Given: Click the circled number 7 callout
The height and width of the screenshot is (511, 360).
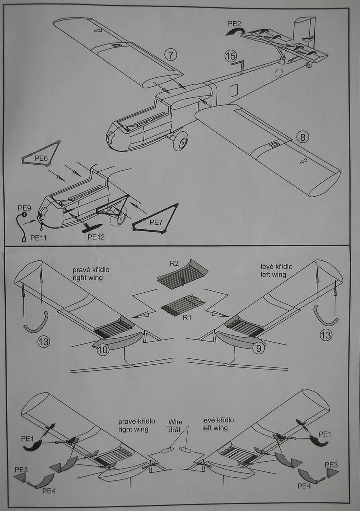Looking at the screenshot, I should [x=170, y=54].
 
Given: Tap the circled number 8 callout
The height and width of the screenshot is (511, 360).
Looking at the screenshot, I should [x=303, y=136].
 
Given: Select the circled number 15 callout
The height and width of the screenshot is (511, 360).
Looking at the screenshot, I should [x=230, y=56].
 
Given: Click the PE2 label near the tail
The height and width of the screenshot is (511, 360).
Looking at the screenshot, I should [x=235, y=24].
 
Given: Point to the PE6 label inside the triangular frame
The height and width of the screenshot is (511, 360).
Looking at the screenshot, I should [x=41, y=158].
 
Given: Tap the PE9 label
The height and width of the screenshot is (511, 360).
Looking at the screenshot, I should [x=24, y=208].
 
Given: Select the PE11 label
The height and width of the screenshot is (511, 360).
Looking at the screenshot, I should [x=38, y=238].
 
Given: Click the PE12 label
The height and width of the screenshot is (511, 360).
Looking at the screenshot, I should [x=95, y=237].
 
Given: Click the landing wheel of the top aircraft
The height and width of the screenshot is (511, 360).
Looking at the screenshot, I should [x=180, y=141].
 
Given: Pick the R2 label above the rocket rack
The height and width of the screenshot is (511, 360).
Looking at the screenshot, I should [x=174, y=263].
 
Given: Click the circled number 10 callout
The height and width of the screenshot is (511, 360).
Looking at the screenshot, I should [x=102, y=350].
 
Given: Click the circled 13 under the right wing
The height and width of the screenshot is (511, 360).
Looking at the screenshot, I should [x=44, y=342].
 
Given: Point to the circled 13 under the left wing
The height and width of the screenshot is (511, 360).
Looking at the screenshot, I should [x=326, y=335].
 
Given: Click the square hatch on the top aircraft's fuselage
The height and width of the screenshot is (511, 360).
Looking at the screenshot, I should [x=234, y=90].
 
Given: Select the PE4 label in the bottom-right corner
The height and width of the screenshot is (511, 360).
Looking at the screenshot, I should [x=304, y=486].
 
